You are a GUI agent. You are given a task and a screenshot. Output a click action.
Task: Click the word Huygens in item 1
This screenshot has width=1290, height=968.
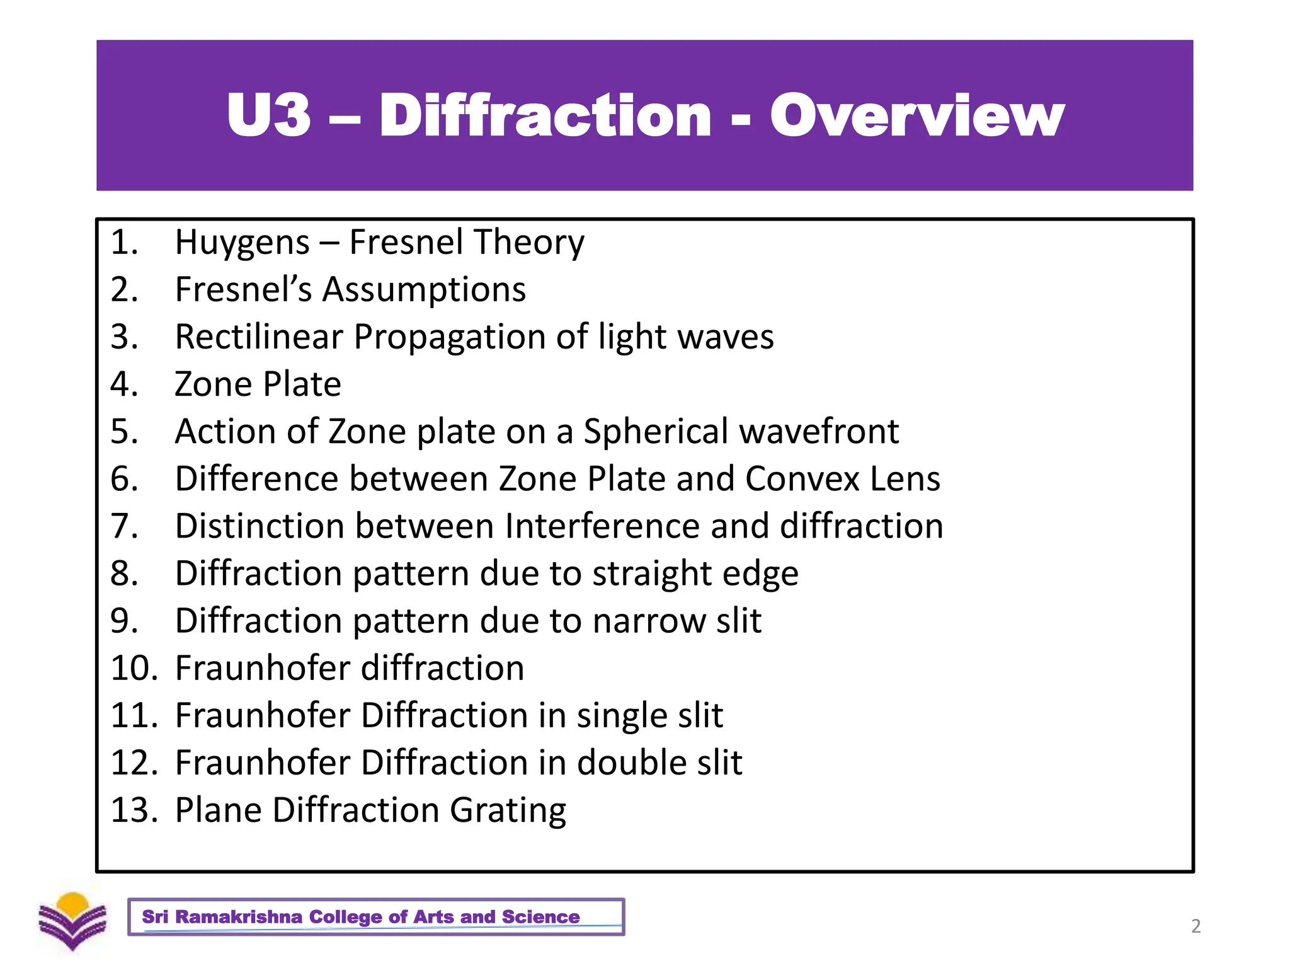pos(243,243)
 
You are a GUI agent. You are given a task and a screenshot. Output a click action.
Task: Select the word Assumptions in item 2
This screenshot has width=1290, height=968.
pos(424,290)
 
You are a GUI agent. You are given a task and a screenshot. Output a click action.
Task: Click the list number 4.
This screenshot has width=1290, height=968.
pos(124,384)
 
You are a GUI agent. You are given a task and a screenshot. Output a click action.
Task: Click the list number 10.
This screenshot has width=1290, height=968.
pos(134,668)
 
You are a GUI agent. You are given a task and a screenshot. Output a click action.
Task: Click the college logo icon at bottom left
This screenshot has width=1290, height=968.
pos(72,921)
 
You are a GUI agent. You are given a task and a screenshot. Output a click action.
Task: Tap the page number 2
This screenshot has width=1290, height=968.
pos(1196,926)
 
